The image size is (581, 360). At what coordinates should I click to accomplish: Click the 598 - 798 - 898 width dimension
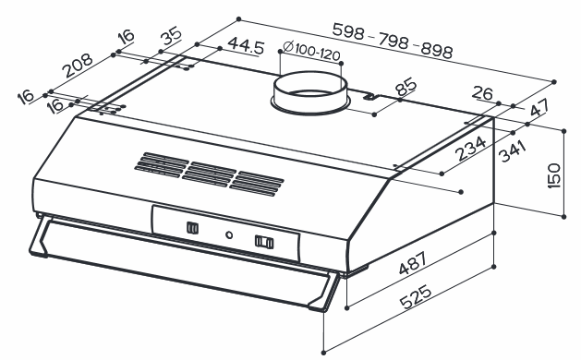(393, 41)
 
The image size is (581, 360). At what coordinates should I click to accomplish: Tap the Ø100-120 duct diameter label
(311, 51)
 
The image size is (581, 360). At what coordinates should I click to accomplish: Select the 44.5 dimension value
(246, 45)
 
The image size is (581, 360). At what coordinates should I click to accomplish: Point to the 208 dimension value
(78, 66)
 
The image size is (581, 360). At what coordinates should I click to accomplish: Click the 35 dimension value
(171, 36)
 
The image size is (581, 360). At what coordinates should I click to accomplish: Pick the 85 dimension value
(405, 87)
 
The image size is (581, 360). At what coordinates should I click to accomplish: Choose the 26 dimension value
(482, 93)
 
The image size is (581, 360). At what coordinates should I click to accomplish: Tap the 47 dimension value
(539, 108)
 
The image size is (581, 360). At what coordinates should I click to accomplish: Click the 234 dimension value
(470, 148)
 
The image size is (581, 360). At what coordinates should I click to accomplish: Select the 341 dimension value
(513, 151)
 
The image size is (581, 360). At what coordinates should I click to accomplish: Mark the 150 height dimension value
(553, 175)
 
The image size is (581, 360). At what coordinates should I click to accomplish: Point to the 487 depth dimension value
(412, 263)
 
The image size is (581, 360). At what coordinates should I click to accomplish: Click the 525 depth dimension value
(416, 296)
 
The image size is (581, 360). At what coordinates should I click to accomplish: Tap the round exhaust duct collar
(309, 92)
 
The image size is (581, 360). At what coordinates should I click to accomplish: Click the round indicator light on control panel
(229, 234)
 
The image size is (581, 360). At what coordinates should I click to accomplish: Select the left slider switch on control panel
(192, 228)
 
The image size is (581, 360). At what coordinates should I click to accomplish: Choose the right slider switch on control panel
(264, 242)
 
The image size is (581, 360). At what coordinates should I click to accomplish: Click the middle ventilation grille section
(210, 174)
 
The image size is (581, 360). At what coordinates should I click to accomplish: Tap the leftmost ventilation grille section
(162, 164)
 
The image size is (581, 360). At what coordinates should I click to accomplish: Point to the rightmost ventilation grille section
(257, 184)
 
